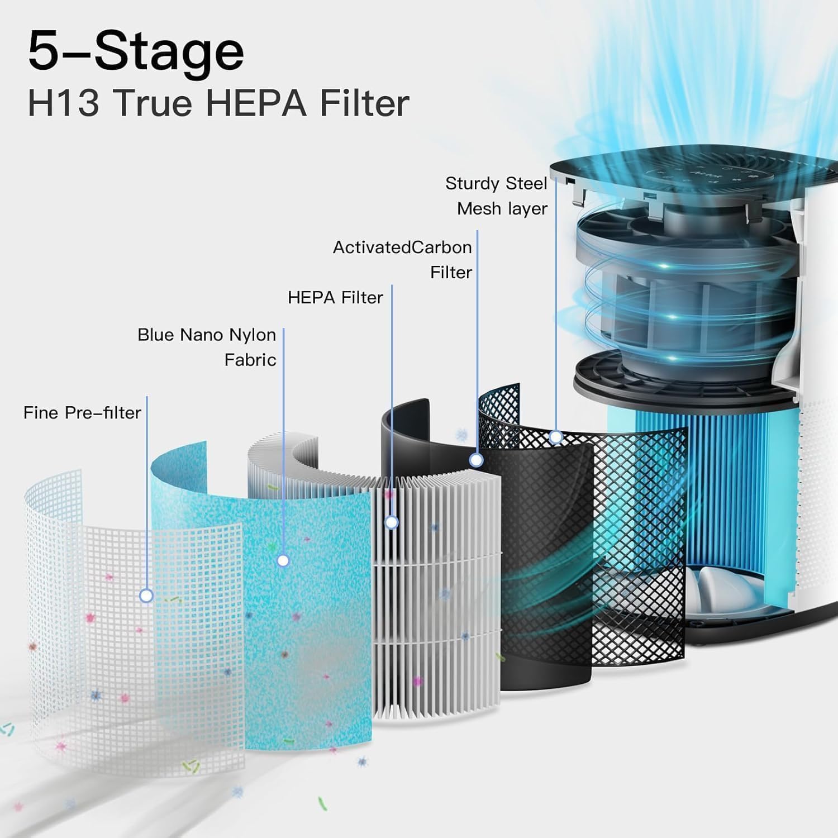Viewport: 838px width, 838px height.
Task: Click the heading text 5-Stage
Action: [x=136, y=52]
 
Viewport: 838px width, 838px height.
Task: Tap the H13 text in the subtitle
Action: [x=63, y=103]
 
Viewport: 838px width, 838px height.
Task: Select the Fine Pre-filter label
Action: [x=82, y=413]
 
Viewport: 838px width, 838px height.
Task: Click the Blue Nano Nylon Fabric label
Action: [x=207, y=347]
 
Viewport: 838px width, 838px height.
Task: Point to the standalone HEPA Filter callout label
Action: [x=335, y=298]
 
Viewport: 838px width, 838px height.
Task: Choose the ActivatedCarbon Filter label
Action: [x=402, y=259]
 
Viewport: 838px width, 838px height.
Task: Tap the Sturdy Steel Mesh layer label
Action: [x=496, y=196]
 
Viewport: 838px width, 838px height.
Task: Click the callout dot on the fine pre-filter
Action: [x=146, y=596]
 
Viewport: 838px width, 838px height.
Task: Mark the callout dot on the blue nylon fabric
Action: [x=283, y=560]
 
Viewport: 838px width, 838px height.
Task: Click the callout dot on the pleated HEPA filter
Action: [x=392, y=522]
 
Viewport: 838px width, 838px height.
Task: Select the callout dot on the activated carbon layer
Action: [x=476, y=460]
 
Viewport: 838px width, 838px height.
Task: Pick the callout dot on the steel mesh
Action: [x=555, y=436]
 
